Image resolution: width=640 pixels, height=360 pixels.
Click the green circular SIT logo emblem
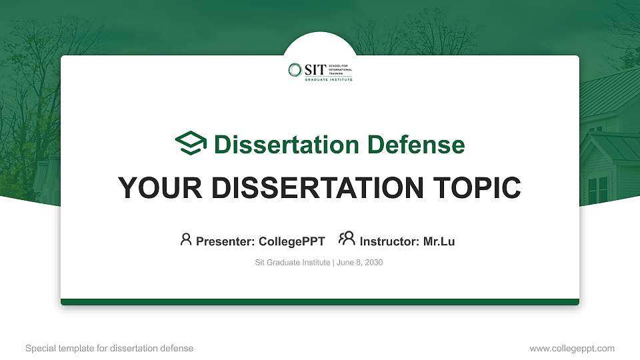(x=295, y=69)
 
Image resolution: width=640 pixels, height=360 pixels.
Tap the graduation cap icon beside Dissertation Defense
(x=191, y=143)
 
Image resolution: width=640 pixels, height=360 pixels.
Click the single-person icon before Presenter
(x=186, y=239)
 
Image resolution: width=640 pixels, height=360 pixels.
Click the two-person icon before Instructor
(x=347, y=239)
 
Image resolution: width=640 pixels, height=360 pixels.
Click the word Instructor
(x=389, y=241)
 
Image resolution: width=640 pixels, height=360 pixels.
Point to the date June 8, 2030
(x=360, y=263)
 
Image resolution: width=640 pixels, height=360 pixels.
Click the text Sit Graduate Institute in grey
(x=292, y=263)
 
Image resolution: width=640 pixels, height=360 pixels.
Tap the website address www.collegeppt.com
(x=571, y=348)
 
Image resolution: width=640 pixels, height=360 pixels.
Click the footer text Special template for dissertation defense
(x=109, y=348)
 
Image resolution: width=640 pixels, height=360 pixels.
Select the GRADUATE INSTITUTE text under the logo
(x=329, y=79)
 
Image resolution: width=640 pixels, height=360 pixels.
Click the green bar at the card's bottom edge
(x=320, y=302)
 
